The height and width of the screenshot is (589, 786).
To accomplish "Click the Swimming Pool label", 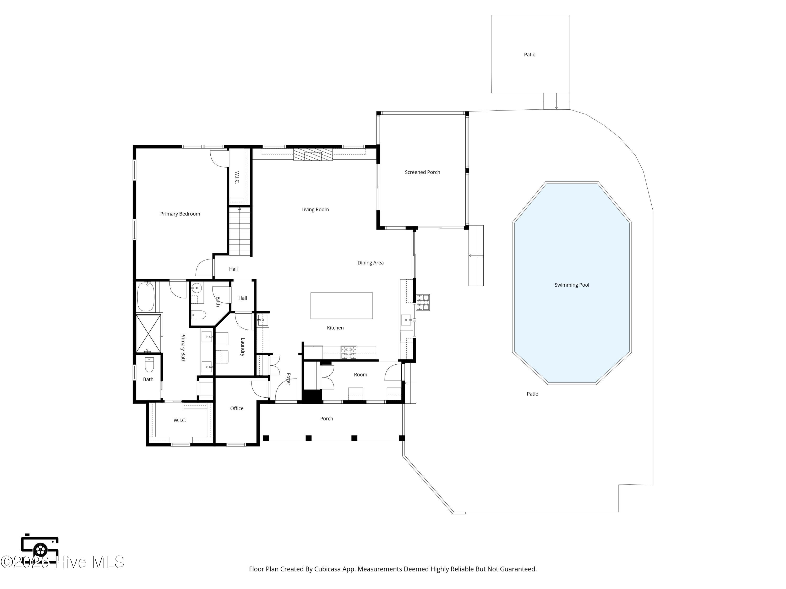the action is [x=572, y=285].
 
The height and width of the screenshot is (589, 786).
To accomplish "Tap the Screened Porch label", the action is [x=423, y=172].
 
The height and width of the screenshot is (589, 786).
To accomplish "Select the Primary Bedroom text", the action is [x=180, y=214].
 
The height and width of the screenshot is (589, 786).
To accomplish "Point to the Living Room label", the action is [x=315, y=209].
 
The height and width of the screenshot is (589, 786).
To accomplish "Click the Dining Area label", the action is [x=371, y=263].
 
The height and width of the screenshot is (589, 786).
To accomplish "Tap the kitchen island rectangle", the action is [x=341, y=306].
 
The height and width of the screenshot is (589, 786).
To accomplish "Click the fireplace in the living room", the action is [x=313, y=154].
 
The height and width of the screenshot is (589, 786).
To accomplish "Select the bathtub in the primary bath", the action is [x=146, y=296].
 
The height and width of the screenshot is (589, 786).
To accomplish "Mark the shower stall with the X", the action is [x=149, y=334].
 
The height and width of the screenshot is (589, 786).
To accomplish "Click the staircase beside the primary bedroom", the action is [x=240, y=231].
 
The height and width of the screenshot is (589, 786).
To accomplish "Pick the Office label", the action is [x=237, y=408].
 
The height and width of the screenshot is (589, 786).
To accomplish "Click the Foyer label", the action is [x=288, y=379].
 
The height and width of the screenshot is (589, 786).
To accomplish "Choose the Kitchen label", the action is [x=335, y=328].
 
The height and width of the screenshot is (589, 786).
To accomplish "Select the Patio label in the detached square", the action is [x=530, y=55].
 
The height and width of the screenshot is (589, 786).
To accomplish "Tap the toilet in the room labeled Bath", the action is [x=149, y=365].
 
